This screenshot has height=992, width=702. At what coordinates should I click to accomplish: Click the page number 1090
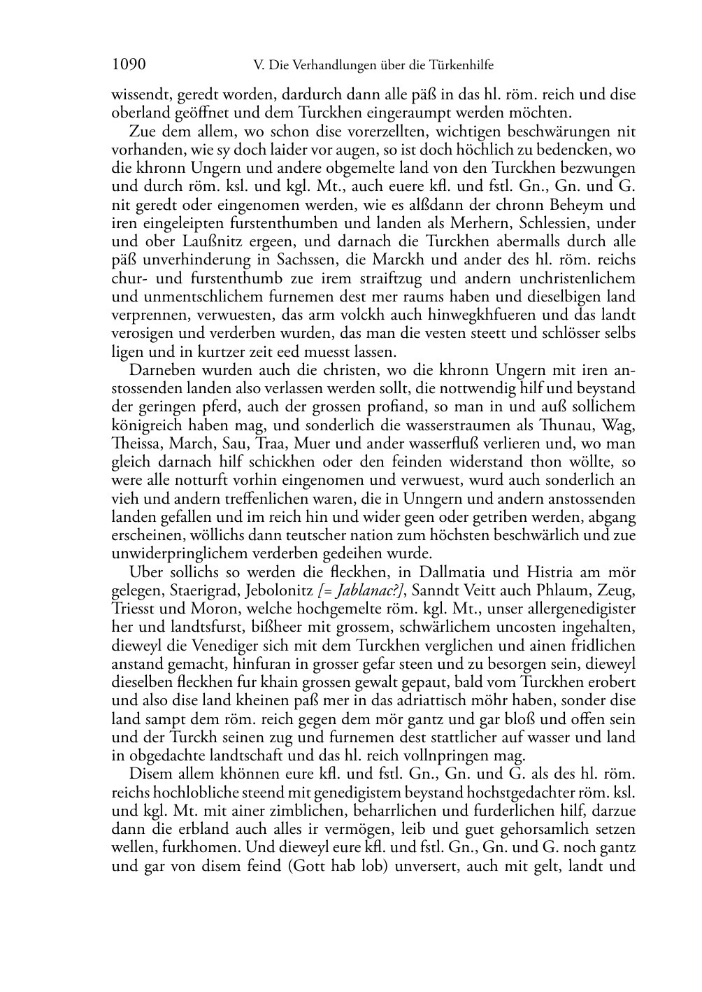tap(129, 65)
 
